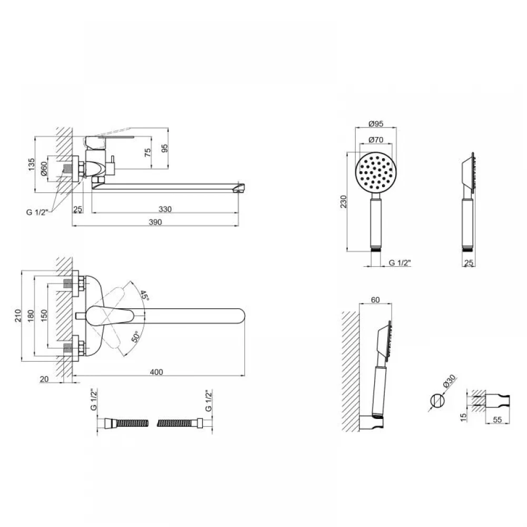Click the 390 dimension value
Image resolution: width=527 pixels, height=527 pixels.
pos(155,222)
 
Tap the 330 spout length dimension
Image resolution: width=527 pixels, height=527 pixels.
pos(165,209)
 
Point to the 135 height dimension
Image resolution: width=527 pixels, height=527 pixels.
pos(31,164)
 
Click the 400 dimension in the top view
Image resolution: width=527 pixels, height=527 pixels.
pos(157,372)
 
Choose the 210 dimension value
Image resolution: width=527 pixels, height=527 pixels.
pos(18,316)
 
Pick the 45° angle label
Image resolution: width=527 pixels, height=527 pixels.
pos(144,296)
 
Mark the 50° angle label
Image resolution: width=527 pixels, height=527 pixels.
pos(135,337)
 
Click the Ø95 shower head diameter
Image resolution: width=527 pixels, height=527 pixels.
pos(376,124)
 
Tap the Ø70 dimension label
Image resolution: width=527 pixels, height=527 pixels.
pos(376,139)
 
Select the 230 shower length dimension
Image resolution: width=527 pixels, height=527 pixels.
pos(343,202)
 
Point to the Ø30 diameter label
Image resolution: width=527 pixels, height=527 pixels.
pos(449,382)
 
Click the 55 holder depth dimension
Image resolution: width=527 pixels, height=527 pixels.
pos(497,419)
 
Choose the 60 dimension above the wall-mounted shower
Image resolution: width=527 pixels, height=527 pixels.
pos(375,299)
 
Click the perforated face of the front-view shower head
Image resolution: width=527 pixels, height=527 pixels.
pos(376,172)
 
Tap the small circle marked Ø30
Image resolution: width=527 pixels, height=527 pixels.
pos(437,401)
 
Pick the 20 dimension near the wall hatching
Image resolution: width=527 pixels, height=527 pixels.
pos(44,379)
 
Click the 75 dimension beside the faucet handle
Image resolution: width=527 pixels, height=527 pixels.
pos(148,153)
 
